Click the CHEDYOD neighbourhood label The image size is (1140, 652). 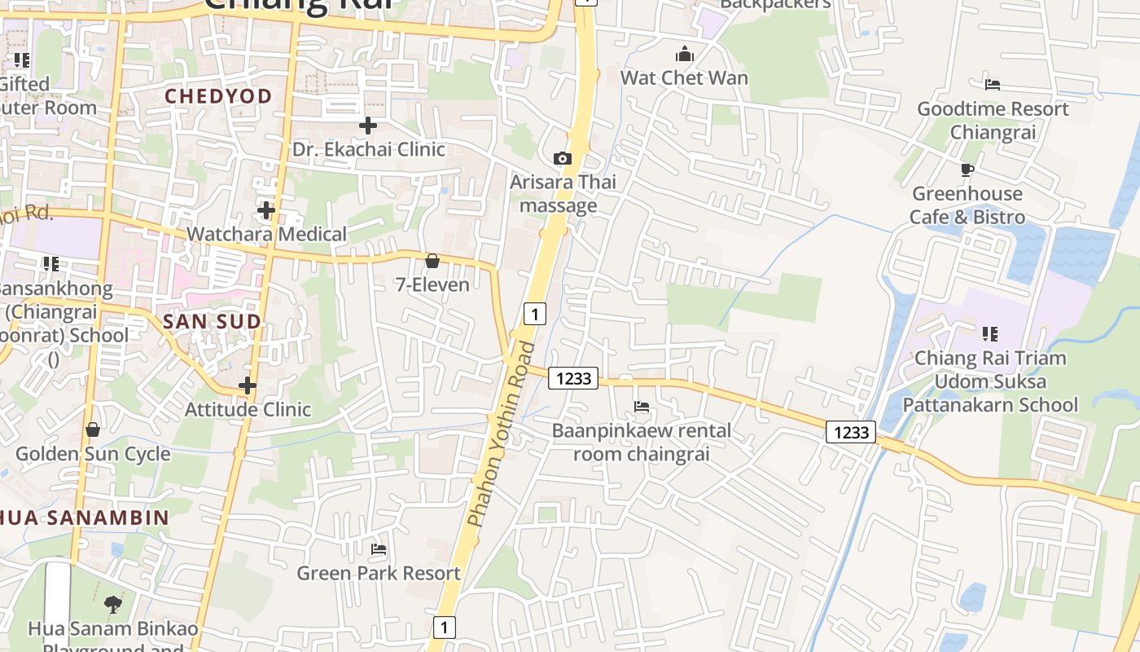point(218,96)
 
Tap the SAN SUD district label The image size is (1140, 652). point(213,321)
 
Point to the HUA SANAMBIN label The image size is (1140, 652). point(85,518)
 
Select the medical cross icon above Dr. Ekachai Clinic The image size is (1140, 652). point(368,126)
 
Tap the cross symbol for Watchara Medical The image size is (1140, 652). point(266,210)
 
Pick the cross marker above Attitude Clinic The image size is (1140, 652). point(248,385)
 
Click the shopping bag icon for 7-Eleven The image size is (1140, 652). point(432,261)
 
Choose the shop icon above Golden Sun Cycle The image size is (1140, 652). point(93,430)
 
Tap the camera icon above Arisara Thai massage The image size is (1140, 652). point(562,158)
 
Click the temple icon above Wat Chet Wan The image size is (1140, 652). point(684,54)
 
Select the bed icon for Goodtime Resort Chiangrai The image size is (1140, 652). point(993,84)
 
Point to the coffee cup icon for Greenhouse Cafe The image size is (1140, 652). point(967,170)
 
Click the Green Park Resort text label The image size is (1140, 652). point(379,573)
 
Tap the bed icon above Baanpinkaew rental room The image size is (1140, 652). point(642,406)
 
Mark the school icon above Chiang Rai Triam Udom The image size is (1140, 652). point(990,333)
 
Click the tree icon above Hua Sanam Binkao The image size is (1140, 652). point(113,605)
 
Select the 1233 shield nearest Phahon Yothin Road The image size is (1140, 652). point(573,378)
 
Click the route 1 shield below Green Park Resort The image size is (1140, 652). point(444,627)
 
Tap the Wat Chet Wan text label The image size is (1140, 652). point(684,78)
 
